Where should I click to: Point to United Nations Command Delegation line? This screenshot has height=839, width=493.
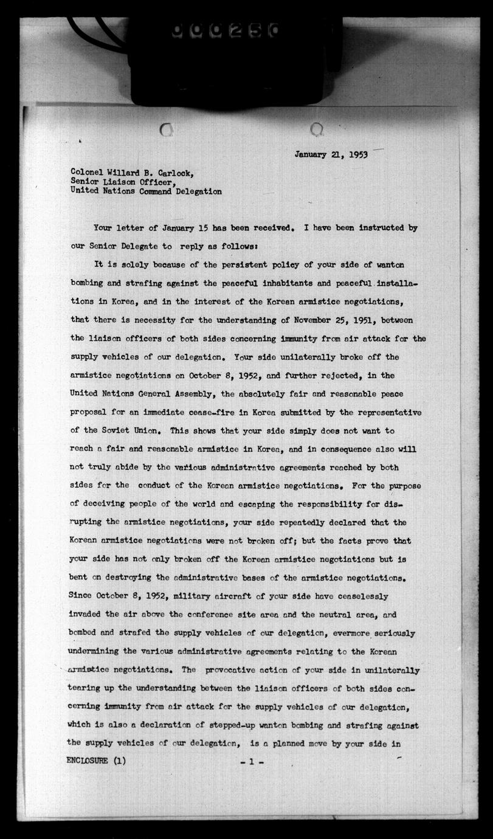(x=146, y=191)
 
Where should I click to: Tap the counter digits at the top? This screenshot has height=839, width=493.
(x=225, y=30)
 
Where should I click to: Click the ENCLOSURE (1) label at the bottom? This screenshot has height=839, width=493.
(x=97, y=761)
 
